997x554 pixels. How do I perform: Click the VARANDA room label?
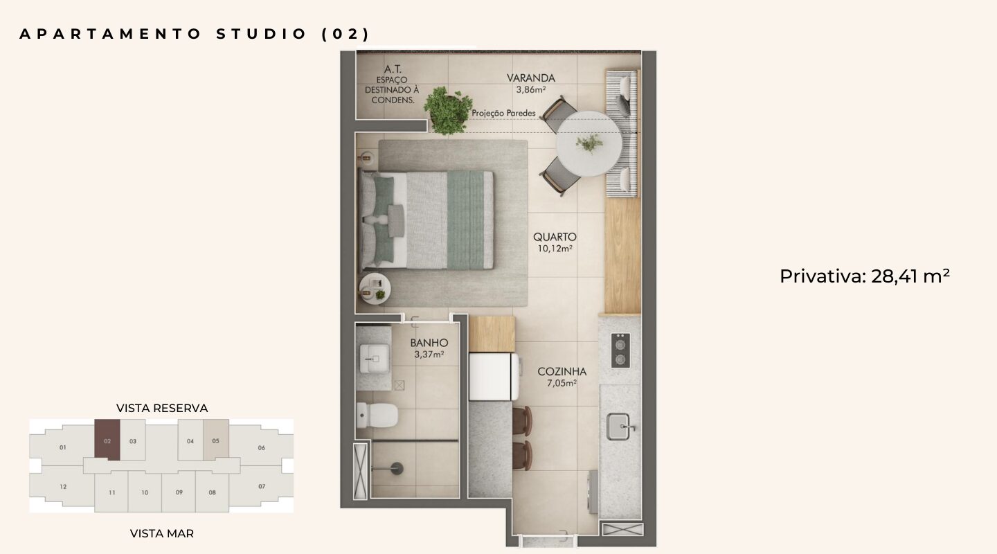[x=530, y=78]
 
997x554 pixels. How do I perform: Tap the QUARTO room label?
[x=555, y=237]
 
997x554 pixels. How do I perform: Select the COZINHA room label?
[x=562, y=371]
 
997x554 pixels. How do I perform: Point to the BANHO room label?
[x=429, y=343]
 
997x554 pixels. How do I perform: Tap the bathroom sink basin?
[x=375, y=358]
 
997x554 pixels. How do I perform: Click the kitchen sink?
[x=619, y=427]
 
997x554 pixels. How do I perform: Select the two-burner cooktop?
[x=620, y=350]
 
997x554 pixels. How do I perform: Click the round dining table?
[x=589, y=143]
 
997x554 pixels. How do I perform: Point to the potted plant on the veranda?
[x=447, y=110]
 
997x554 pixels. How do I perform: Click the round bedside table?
[x=375, y=289]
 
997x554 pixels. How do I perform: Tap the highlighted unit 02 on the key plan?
[x=107, y=440]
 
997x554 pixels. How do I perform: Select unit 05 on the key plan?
[x=216, y=440]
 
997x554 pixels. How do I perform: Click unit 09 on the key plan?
[x=179, y=492]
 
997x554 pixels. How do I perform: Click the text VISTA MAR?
[x=162, y=533]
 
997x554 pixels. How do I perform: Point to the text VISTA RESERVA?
[x=162, y=408]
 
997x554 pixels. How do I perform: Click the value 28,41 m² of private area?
[x=910, y=276]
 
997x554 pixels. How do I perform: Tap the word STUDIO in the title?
[x=262, y=35]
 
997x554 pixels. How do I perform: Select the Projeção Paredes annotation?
[x=503, y=113]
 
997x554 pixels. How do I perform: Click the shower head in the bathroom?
[x=397, y=468]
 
